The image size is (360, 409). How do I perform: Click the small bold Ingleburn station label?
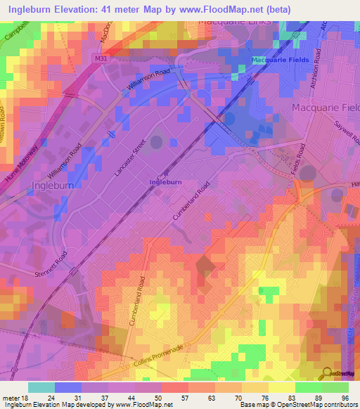[165, 182]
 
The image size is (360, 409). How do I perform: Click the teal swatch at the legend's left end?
[41, 387]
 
